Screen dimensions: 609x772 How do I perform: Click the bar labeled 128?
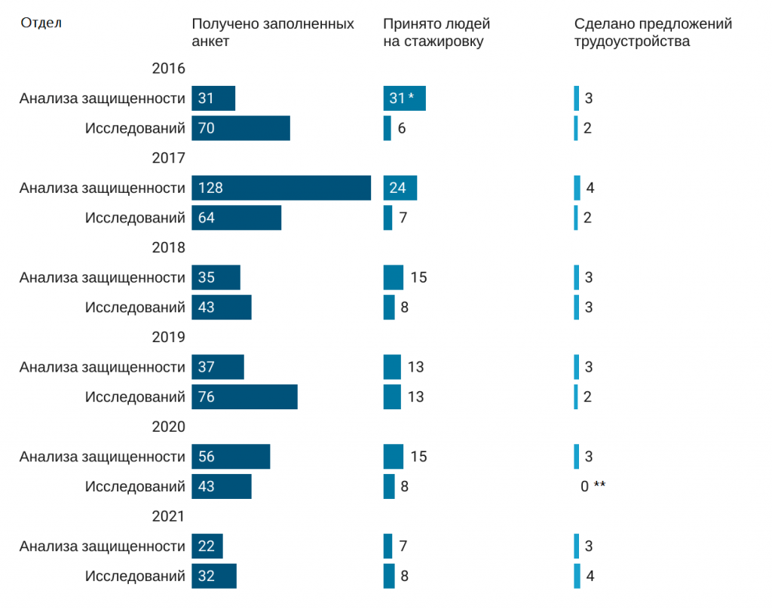pos(281,188)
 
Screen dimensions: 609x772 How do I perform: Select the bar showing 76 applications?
pos(244,396)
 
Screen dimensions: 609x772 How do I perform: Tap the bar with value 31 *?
pos(404,98)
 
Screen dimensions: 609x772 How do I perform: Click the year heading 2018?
pos(168,247)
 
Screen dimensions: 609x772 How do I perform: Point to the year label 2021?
pos(168,516)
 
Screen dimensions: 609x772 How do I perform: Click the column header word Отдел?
pos(41,23)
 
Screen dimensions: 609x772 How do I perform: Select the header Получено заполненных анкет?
pos(273,32)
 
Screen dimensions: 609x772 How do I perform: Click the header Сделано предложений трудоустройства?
pos(653,32)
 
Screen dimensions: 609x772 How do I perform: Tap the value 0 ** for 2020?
pos(593,486)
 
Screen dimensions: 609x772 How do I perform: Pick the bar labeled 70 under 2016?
pos(240,128)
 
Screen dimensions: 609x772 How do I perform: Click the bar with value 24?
pos(400,188)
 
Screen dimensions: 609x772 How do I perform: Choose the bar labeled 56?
pos(231,457)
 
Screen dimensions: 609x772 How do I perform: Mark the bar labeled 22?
pos(207,546)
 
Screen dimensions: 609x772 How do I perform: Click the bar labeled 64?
pos(236,218)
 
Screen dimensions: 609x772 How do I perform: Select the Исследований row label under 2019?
pos(135,396)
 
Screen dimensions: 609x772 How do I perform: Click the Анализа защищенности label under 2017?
pos(103,188)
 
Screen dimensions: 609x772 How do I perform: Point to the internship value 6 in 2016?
pos(402,128)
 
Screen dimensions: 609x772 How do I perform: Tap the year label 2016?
pos(168,69)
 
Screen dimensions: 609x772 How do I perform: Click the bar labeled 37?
pos(218,367)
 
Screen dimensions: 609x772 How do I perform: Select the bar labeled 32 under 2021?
pos(214,576)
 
